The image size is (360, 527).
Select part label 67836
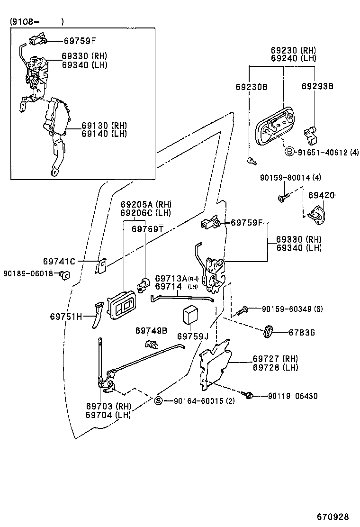[302, 333]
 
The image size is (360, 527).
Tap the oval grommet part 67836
[268, 331]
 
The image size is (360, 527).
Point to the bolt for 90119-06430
[248, 394]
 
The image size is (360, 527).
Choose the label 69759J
[193, 336]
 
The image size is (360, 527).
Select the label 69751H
[66, 316]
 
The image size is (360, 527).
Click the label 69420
[322, 195]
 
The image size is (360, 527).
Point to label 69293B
[318, 86]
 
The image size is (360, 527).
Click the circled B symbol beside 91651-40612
[288, 152]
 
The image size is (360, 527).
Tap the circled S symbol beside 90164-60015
[159, 401]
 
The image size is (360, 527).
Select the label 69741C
[59, 261]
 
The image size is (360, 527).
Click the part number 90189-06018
[27, 273]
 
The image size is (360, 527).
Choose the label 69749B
[151, 330]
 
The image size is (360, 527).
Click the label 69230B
[252, 87]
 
